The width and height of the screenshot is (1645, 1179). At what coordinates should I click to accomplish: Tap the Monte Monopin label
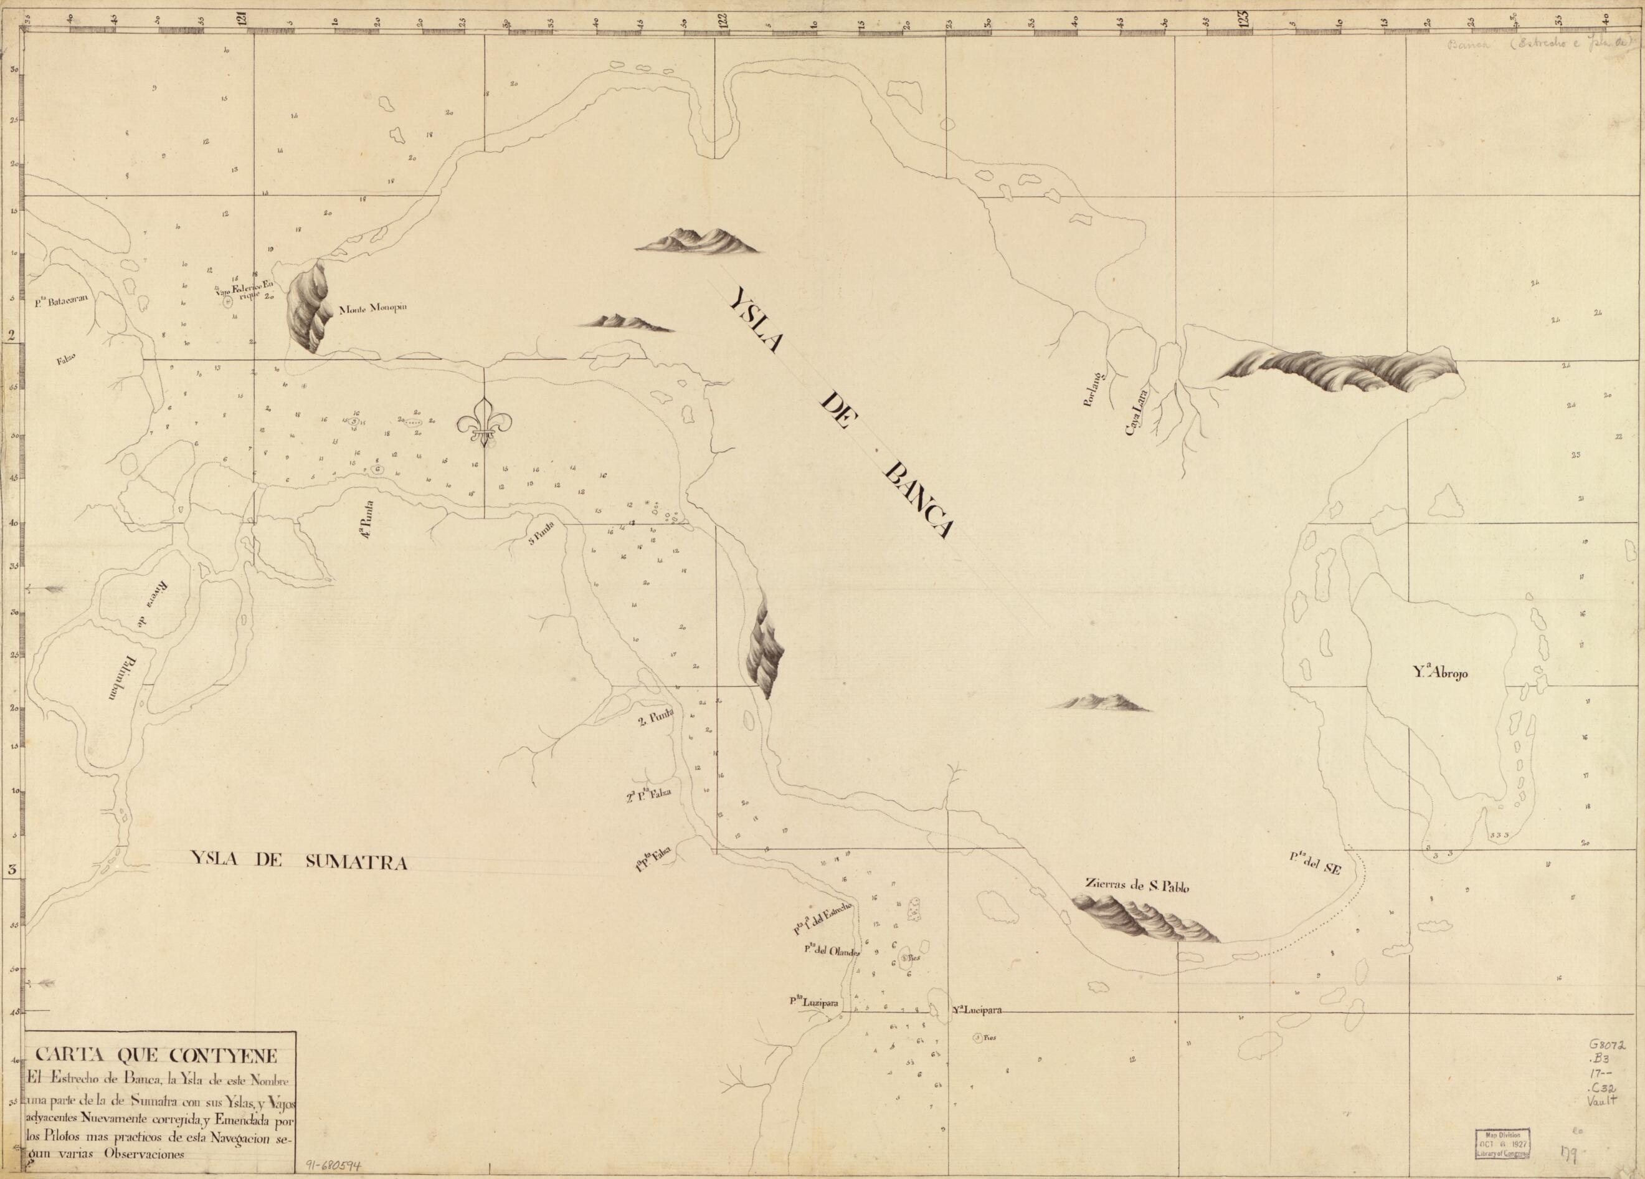(x=374, y=308)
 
